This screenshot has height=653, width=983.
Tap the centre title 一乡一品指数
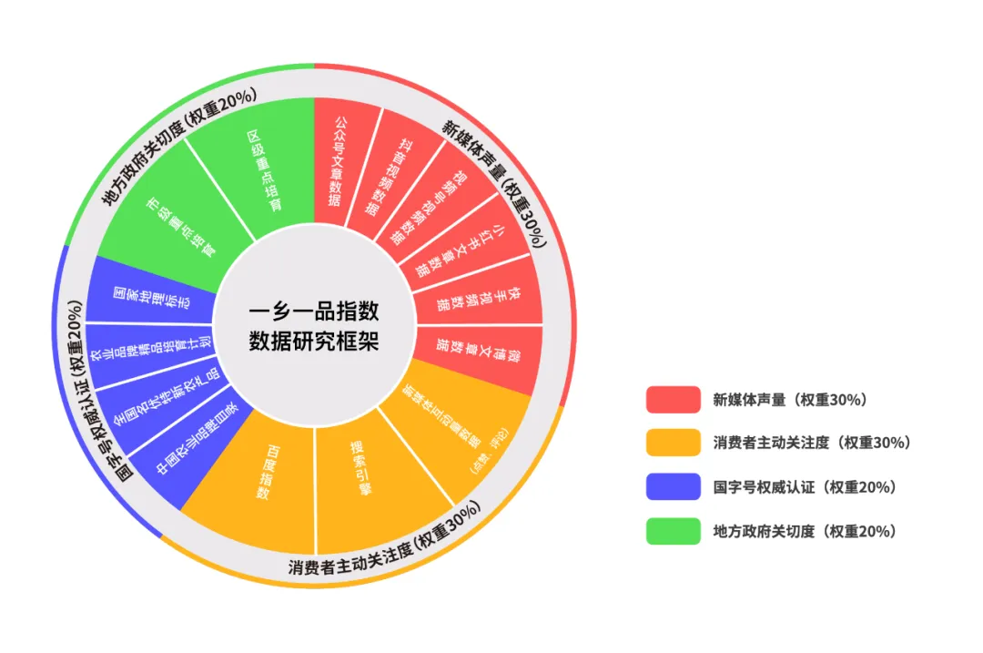(314, 311)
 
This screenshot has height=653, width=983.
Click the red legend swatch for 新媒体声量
(674, 399)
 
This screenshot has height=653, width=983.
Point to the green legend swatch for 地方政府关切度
(674, 531)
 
